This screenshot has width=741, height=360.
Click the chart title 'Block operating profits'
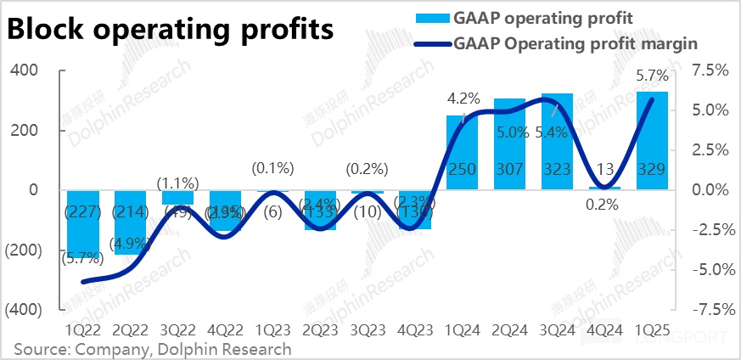tap(169, 31)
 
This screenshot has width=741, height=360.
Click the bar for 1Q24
tap(462, 153)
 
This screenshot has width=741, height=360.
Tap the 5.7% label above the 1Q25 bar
tap(651, 76)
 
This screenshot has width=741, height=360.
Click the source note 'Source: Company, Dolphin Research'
tap(152, 348)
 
